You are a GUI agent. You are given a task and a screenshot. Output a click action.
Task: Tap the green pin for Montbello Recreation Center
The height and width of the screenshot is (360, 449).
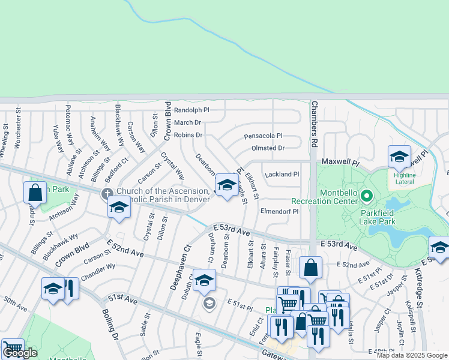click(367, 196)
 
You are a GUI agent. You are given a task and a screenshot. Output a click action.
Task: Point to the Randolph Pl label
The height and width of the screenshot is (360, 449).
click(191, 110)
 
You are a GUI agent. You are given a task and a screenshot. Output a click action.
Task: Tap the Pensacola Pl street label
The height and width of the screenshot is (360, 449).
click(263, 136)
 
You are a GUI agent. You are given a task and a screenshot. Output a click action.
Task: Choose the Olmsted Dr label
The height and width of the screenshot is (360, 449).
click(268, 148)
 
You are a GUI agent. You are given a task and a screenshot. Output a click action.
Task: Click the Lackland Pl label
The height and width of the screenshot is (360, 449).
click(282, 174)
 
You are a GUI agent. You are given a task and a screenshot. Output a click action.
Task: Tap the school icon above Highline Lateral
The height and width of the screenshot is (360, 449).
click(399, 157)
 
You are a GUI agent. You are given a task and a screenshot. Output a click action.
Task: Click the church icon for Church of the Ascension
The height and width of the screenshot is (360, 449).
click(107, 193)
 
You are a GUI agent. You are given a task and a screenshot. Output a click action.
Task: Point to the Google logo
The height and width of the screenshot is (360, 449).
click(20, 353)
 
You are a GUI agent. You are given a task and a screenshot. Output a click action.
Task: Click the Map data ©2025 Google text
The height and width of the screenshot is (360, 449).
click(412, 355)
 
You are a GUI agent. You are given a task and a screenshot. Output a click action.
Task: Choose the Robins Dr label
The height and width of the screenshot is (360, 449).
click(188, 135)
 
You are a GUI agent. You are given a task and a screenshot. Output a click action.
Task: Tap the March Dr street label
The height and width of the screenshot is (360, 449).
click(187, 122)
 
